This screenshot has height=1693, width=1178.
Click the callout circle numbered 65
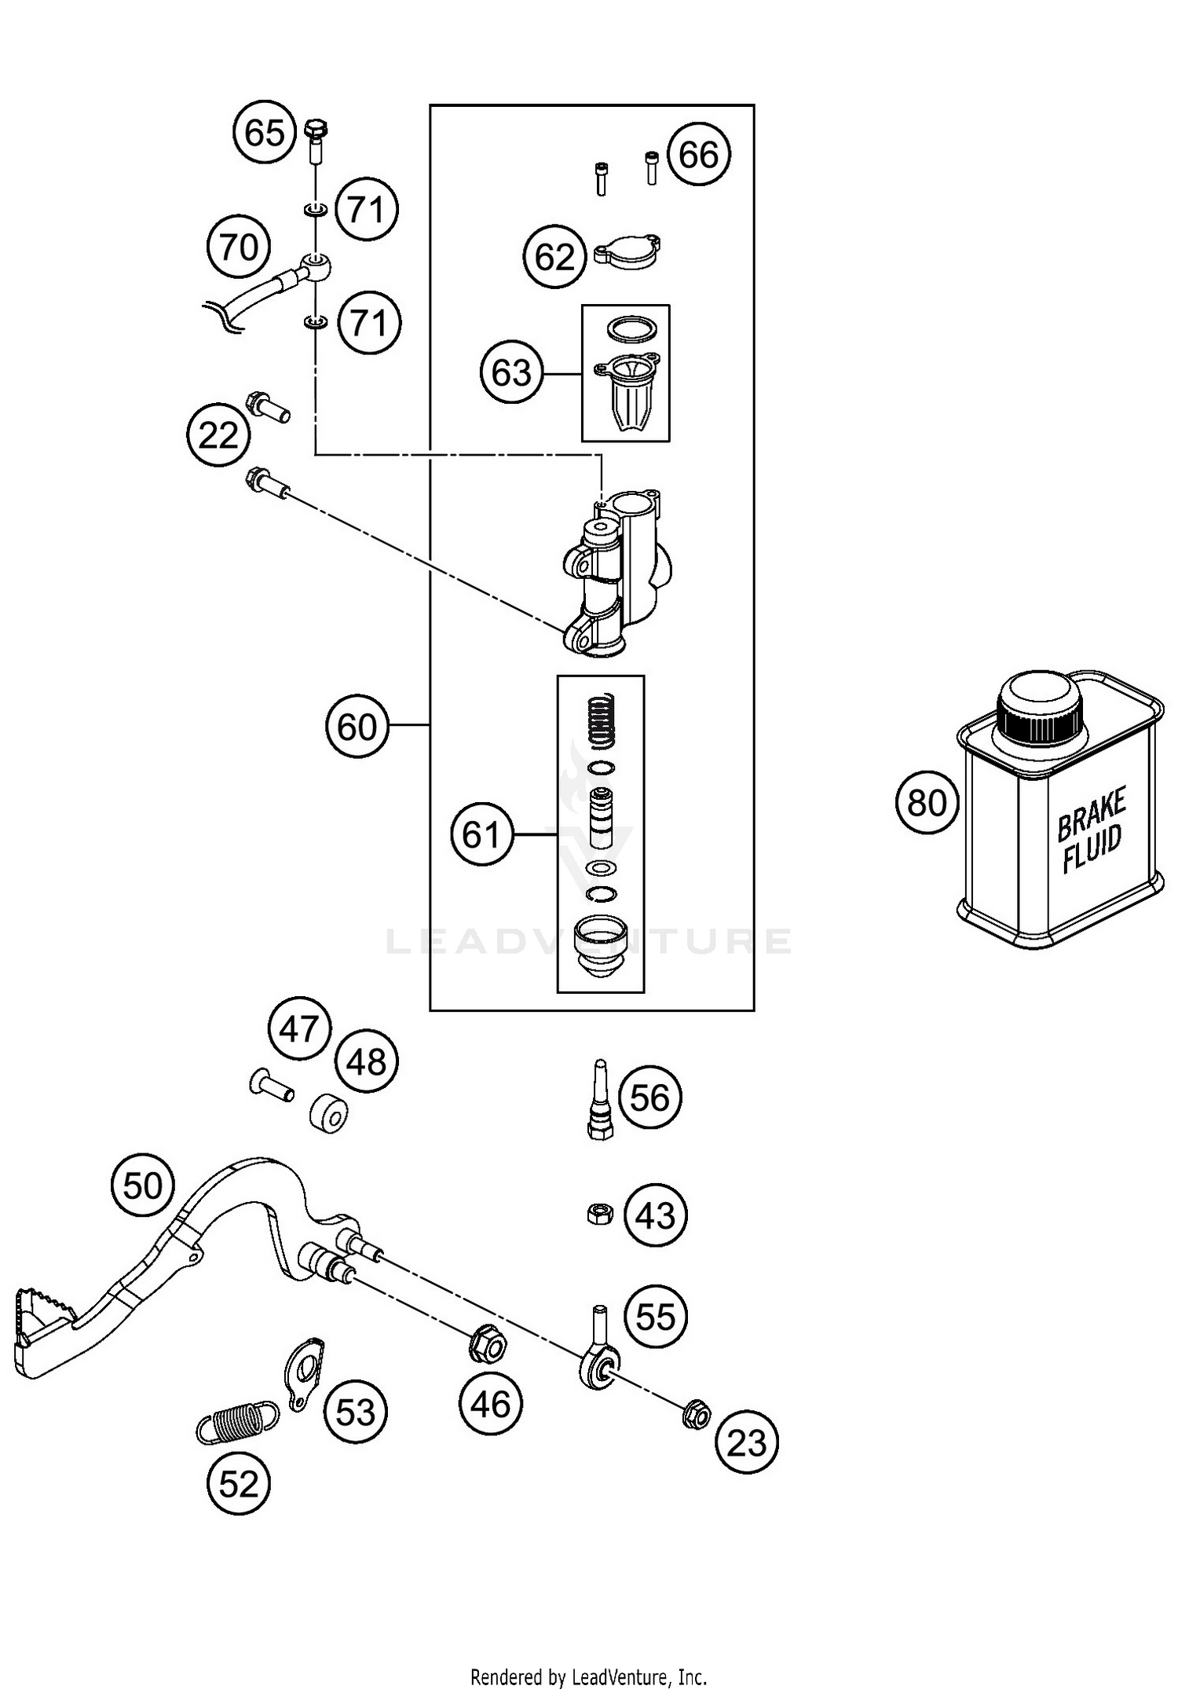coord(265,132)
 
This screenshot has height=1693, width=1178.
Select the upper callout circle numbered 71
coord(367,210)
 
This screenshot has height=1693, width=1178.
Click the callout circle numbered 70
coord(239,247)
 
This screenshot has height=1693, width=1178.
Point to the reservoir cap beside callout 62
coord(627,252)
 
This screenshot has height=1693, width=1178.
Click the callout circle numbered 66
coord(699,154)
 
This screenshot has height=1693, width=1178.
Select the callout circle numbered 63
coord(512,372)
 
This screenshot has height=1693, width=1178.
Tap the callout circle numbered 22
coord(218,435)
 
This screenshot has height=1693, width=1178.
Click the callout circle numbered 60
coord(357,727)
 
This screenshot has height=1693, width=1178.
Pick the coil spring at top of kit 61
coord(602,720)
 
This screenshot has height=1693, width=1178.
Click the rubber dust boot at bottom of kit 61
coord(601,946)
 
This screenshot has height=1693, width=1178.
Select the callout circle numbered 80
coord(927,803)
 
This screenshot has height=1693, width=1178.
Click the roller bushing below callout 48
coord(328,1113)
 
